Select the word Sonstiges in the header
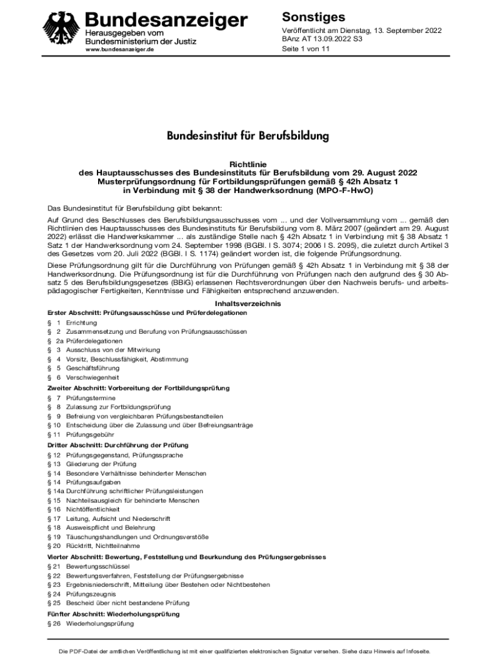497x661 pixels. coord(314,17)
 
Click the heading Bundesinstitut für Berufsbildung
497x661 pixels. coord(249,136)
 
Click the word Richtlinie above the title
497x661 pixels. coord(248,165)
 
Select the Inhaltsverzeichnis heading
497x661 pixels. coord(248,304)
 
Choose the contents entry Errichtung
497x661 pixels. coord(81,323)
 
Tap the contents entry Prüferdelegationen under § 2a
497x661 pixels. coord(94,341)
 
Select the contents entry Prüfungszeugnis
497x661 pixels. coord(91,593)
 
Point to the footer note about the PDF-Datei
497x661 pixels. coord(249,651)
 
